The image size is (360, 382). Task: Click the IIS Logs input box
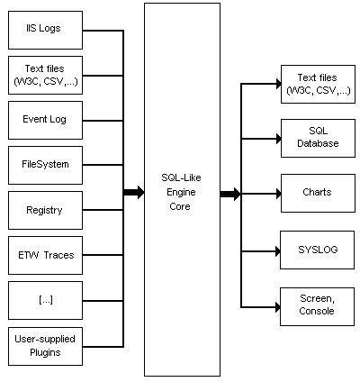pyautogui.click(x=45, y=31)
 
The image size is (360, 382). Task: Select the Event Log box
pyautogui.click(x=45, y=120)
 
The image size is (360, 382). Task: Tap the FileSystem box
pyautogui.click(x=45, y=165)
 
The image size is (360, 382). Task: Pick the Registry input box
pyautogui.click(x=45, y=210)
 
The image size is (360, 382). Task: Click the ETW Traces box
pyautogui.click(x=45, y=255)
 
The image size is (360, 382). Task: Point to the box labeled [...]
pyautogui.click(x=45, y=300)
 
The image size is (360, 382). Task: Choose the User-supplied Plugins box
pyautogui.click(x=45, y=346)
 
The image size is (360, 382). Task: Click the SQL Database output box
pyautogui.click(x=318, y=138)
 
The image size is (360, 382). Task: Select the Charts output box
pyautogui.click(x=318, y=193)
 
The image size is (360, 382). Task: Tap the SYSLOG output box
pyautogui.click(x=317, y=250)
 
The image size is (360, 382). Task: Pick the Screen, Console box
pyautogui.click(x=317, y=306)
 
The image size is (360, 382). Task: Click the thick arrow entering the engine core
pyautogui.click(x=134, y=192)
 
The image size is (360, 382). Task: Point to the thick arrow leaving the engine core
pyautogui.click(x=230, y=194)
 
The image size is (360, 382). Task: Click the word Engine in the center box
pyautogui.click(x=181, y=192)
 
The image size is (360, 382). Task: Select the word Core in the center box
pyautogui.click(x=180, y=206)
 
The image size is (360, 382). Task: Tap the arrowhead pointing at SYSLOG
pyautogui.click(x=278, y=251)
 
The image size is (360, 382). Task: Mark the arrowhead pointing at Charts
pyautogui.click(x=279, y=194)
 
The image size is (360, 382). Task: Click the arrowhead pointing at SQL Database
pyautogui.click(x=279, y=139)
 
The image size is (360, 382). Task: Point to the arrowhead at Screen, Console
pyautogui.click(x=278, y=307)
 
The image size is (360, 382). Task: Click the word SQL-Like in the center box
pyautogui.click(x=181, y=177)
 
